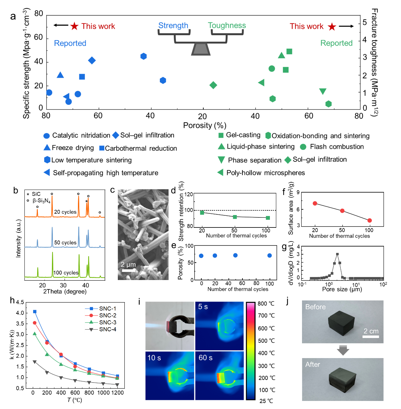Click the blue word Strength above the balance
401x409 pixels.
(x=173, y=26)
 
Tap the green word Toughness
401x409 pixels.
(x=227, y=25)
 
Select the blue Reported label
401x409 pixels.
(x=70, y=43)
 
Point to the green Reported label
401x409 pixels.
(x=336, y=43)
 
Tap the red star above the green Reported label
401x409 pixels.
(x=332, y=27)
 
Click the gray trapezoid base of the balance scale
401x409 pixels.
(x=201, y=50)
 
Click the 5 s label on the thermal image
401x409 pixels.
(x=203, y=307)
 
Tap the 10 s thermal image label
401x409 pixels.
(x=154, y=358)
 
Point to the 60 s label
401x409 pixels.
(x=205, y=358)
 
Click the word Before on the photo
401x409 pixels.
(x=315, y=307)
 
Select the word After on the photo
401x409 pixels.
(x=313, y=365)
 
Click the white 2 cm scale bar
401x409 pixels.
(x=371, y=336)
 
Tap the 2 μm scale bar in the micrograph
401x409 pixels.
(x=128, y=270)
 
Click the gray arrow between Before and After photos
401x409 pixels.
(x=343, y=350)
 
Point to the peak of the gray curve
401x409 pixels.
(x=337, y=255)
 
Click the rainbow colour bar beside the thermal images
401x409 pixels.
(x=250, y=351)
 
